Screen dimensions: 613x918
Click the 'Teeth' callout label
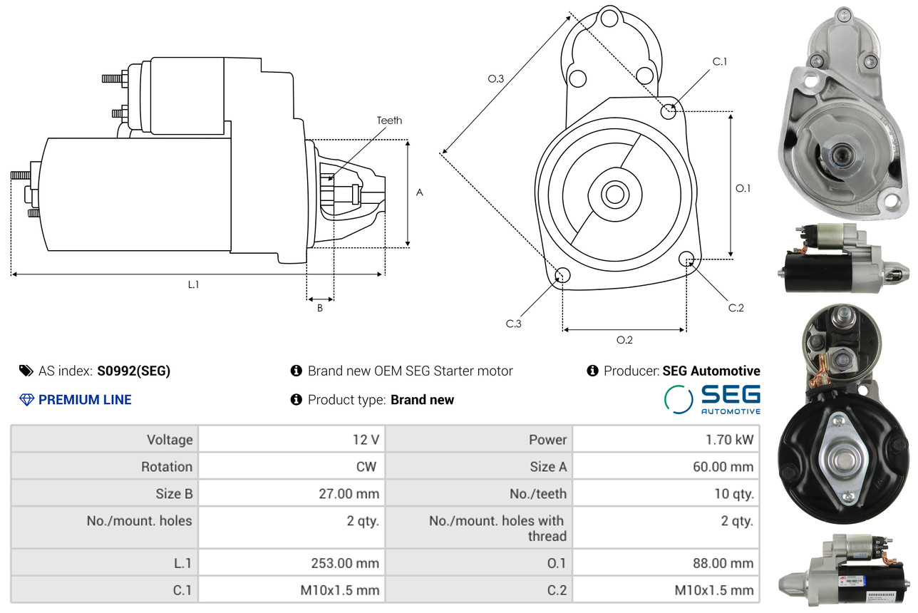coord(389,120)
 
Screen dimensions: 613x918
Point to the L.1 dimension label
coord(193,284)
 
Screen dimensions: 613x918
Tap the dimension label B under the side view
coord(320,309)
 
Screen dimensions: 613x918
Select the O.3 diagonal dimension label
coord(496,79)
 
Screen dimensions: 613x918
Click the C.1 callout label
coord(720,61)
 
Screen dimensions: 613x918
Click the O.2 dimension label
coord(624,340)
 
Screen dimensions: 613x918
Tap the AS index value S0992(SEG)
coord(134,371)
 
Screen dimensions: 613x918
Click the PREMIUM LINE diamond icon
coord(26,400)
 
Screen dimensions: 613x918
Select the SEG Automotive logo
coord(712,399)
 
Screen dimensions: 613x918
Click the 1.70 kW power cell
coord(729,440)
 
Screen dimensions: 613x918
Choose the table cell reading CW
coord(368,467)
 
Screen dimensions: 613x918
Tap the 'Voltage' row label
coord(170,440)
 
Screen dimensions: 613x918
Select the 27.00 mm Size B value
coord(350,493)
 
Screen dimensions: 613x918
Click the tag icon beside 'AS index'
coord(26,371)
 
